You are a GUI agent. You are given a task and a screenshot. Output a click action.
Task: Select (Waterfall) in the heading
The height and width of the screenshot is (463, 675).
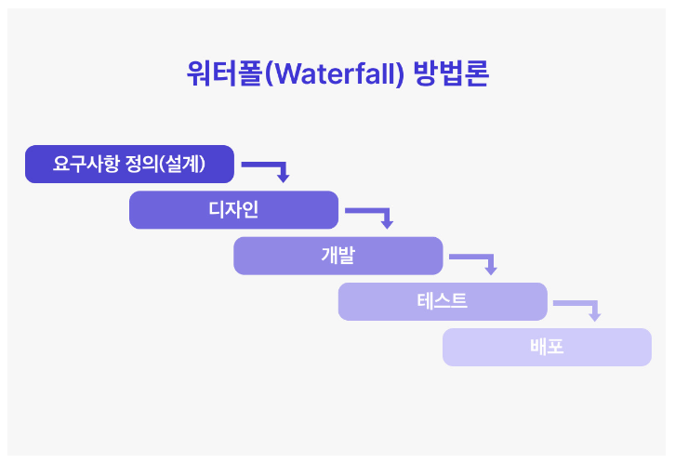point(336,73)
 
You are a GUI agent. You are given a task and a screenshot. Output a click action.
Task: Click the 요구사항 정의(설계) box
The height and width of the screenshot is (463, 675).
point(129,165)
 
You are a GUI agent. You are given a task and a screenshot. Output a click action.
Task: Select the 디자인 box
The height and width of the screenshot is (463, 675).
point(233,210)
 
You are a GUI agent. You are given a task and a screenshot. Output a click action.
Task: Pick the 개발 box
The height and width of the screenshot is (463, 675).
point(337,256)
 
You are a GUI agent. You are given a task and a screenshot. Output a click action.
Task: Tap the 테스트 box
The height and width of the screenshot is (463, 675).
point(443,301)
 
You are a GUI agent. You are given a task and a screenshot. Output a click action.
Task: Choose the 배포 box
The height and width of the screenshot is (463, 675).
point(547,347)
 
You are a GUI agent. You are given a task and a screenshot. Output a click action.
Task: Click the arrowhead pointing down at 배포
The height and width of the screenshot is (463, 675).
point(595,316)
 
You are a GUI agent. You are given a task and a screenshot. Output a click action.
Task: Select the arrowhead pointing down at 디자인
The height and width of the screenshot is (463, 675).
point(283,178)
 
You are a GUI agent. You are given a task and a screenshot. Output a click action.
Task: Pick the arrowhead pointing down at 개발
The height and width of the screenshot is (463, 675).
point(387,224)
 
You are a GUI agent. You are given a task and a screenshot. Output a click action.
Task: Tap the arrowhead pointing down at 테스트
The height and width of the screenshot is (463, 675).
point(491,270)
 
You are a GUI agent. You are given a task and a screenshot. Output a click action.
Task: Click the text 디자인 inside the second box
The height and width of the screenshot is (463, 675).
point(233,210)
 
